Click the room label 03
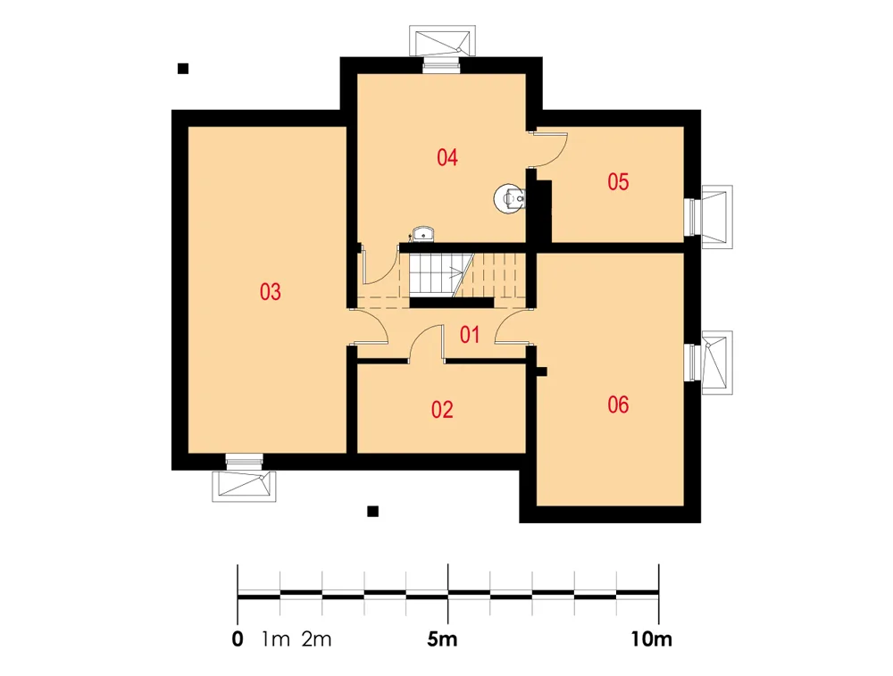coord(270,292)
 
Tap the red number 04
coord(447,157)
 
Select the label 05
coord(618,181)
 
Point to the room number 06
coord(618,405)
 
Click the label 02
coord(442,410)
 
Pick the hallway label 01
coord(470,335)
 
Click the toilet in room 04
coord(510,199)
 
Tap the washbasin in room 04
coord(422,234)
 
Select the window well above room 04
coord(443,42)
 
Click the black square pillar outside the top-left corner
coord(183,69)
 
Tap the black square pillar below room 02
coord(373,512)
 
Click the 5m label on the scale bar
coord(443,639)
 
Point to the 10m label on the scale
coord(651,639)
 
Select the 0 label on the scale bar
coord(238,639)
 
